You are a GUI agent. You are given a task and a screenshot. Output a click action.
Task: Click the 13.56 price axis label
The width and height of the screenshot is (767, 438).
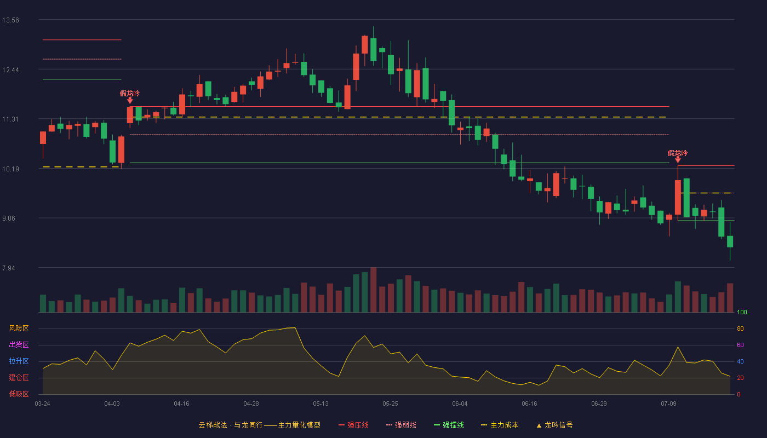click(x=10, y=20)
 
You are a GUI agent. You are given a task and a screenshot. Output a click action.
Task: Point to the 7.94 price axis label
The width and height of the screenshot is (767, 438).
click(x=9, y=268)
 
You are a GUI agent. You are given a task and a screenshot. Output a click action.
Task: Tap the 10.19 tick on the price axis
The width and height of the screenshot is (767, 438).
click(x=10, y=169)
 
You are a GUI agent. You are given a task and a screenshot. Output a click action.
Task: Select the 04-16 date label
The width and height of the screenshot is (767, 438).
click(x=181, y=404)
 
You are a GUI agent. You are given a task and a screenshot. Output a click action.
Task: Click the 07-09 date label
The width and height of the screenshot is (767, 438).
click(x=668, y=404)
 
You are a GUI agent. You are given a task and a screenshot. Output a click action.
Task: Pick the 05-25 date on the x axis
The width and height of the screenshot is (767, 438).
click(x=390, y=404)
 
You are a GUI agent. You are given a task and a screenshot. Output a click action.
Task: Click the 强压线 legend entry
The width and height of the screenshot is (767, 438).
click(x=353, y=425)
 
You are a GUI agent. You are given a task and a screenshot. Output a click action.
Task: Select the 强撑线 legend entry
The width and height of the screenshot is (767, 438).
click(x=449, y=425)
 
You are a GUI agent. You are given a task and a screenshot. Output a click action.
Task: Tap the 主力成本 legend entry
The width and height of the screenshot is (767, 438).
click(x=500, y=425)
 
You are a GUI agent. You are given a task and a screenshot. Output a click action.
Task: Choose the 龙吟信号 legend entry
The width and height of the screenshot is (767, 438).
click(x=554, y=425)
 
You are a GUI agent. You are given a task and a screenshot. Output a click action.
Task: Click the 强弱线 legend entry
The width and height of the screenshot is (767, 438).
click(x=401, y=425)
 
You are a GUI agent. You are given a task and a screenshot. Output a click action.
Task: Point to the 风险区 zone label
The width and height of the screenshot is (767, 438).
click(x=19, y=328)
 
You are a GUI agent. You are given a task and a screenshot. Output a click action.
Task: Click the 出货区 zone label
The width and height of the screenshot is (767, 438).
click(x=19, y=344)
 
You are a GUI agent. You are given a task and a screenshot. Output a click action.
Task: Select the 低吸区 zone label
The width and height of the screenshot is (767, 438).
click(x=19, y=394)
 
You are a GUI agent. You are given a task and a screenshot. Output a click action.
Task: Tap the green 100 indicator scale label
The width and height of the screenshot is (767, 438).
click(x=742, y=312)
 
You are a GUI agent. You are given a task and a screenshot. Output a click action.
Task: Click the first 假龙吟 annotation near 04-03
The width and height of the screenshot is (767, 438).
click(x=130, y=94)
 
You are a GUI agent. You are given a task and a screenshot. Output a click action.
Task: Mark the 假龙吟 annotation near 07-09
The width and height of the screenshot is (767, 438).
click(x=678, y=153)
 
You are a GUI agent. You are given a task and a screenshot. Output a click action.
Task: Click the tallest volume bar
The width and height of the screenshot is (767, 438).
click(x=374, y=290)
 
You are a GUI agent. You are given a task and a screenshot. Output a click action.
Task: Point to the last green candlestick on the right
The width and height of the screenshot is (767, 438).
click(x=730, y=241)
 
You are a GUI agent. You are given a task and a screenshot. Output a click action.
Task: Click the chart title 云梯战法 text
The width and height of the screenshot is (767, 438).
click(x=213, y=425)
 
